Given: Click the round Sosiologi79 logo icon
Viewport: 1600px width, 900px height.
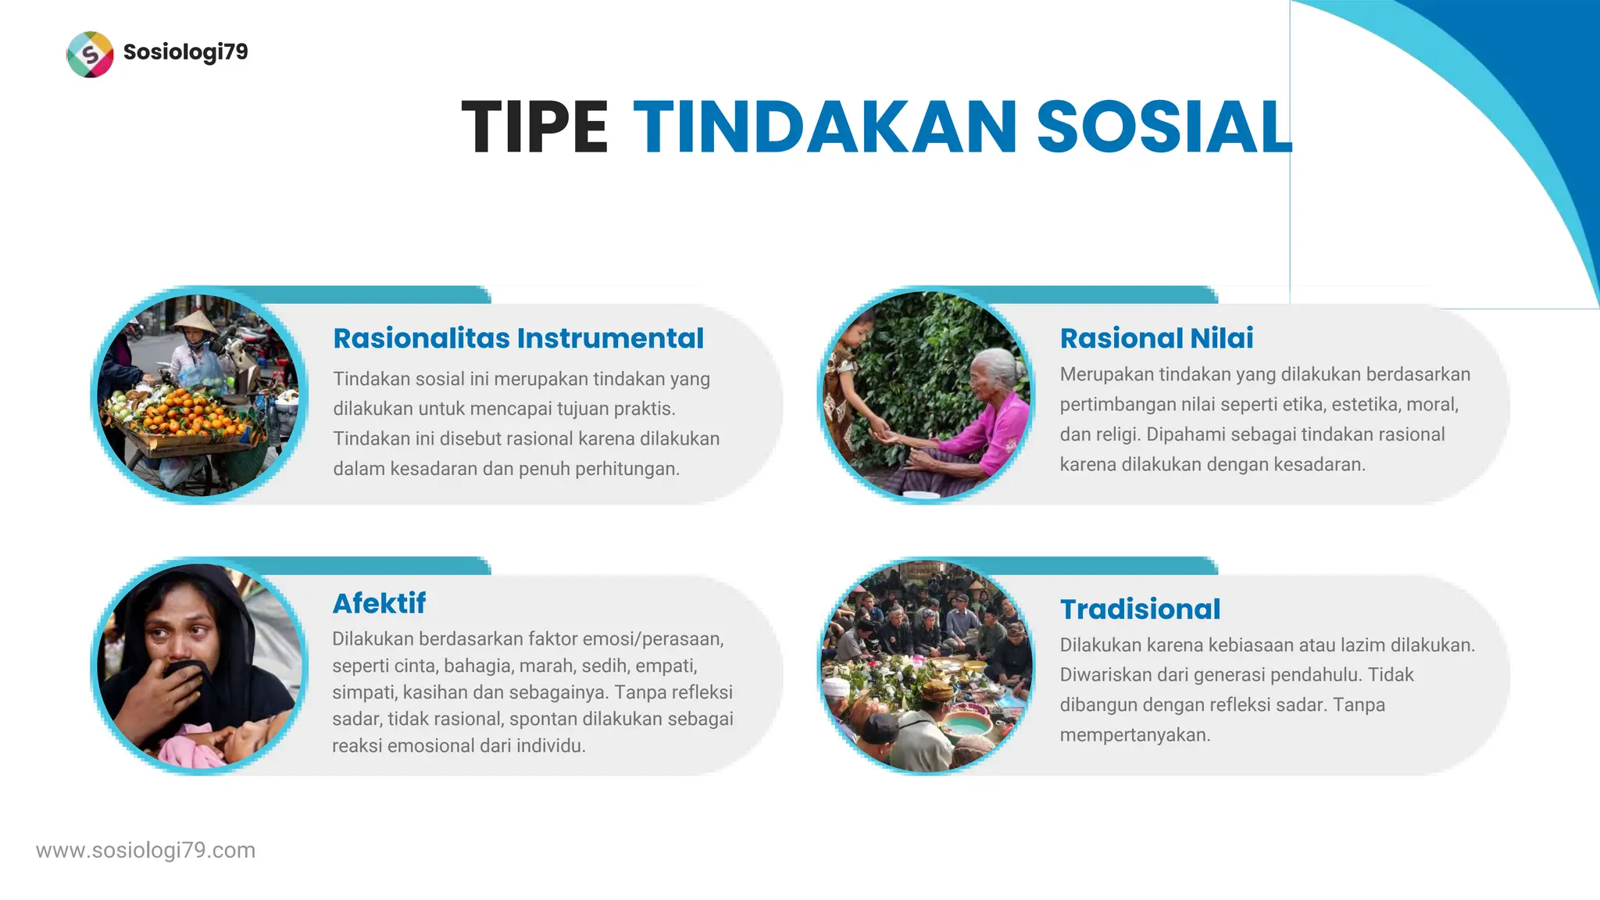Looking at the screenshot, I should point(90,54).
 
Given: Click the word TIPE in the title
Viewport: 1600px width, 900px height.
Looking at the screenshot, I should point(534,127).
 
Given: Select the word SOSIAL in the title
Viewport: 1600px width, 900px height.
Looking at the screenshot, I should point(1164,127).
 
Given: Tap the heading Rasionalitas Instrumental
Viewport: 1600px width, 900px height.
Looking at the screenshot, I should point(518,338).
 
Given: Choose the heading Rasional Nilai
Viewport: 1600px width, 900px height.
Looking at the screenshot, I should point(1156,338).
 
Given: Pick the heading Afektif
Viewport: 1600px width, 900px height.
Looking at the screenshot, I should point(379,603).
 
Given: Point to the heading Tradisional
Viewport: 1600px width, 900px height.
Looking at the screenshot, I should point(1140,609).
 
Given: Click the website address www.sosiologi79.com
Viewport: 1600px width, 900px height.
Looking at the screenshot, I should point(146,850).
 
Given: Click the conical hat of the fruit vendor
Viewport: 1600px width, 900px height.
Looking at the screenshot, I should point(195,321).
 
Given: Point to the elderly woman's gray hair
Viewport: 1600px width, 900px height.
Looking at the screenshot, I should point(1000,363).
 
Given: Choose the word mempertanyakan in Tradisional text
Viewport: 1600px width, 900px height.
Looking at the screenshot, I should point(1134,735).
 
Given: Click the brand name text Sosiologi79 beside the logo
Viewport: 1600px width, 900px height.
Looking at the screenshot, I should point(186,52).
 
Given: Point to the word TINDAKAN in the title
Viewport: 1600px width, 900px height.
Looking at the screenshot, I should point(825,127).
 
